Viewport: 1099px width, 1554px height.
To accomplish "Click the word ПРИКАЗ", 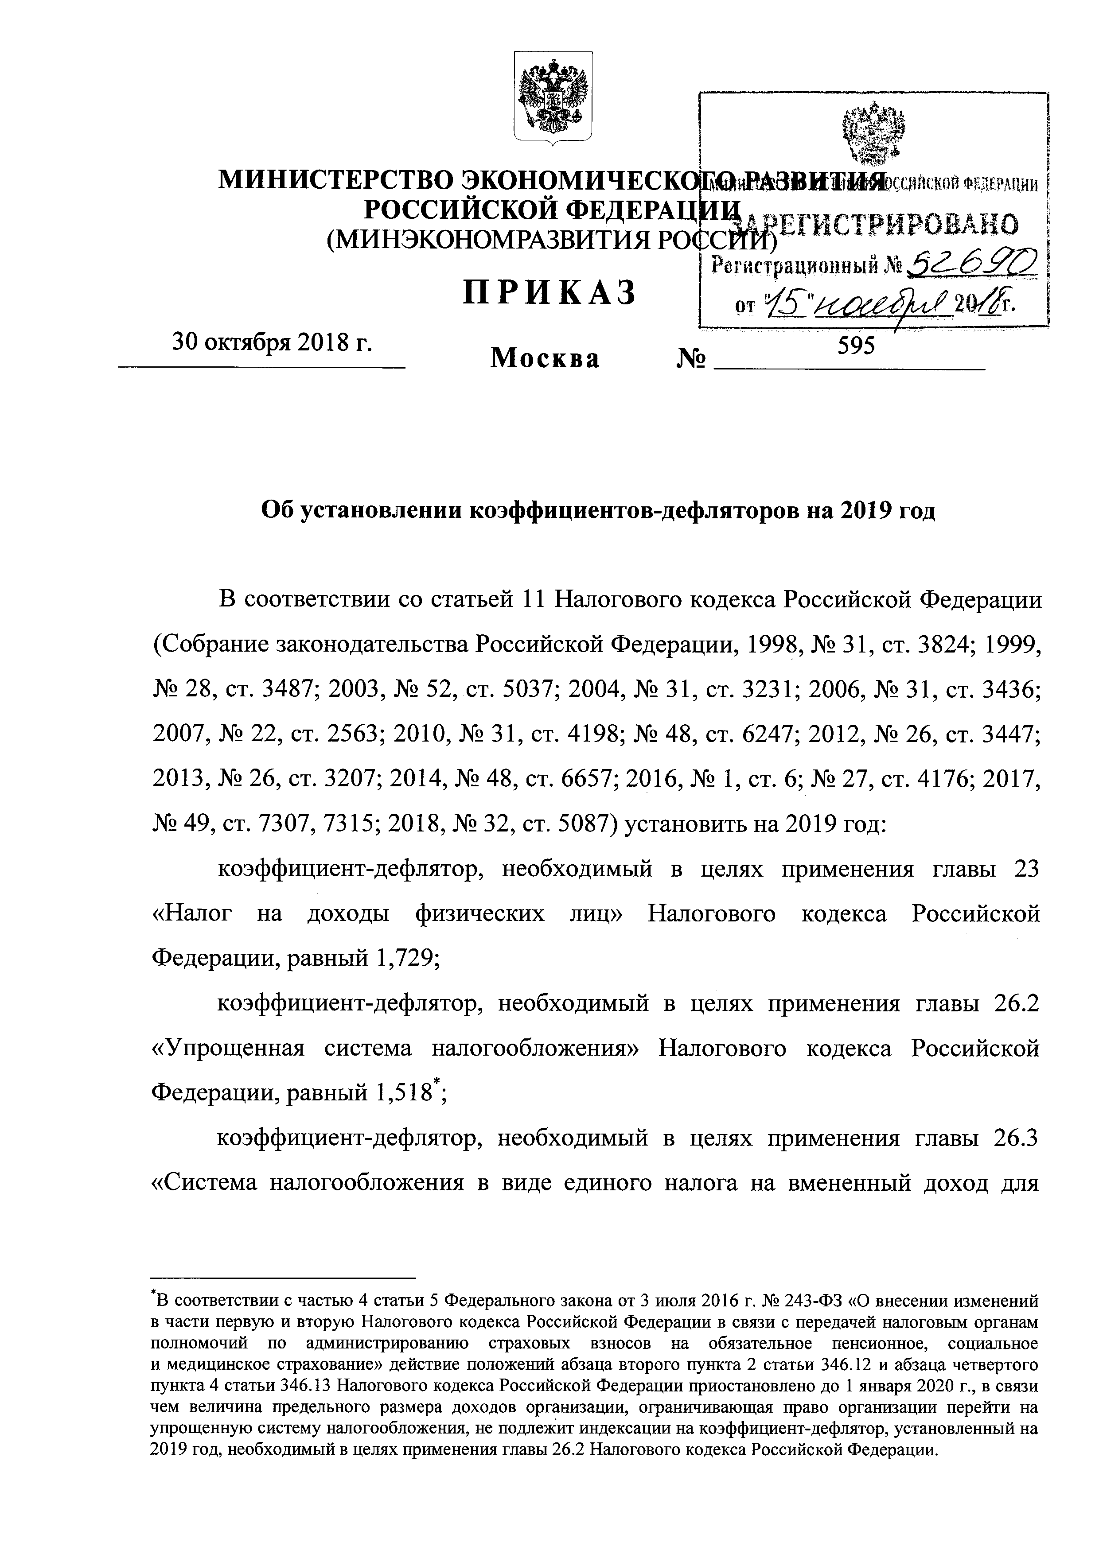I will (550, 294).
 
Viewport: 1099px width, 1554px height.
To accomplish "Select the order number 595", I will (857, 346).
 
